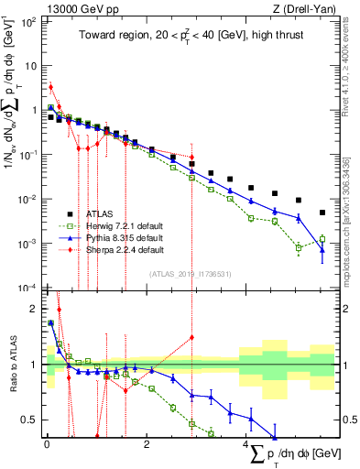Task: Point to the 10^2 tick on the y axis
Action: point(29,20)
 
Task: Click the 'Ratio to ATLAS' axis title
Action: point(10,364)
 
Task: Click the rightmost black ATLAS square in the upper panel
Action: point(322,213)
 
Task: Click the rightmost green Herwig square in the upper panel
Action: point(322,239)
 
